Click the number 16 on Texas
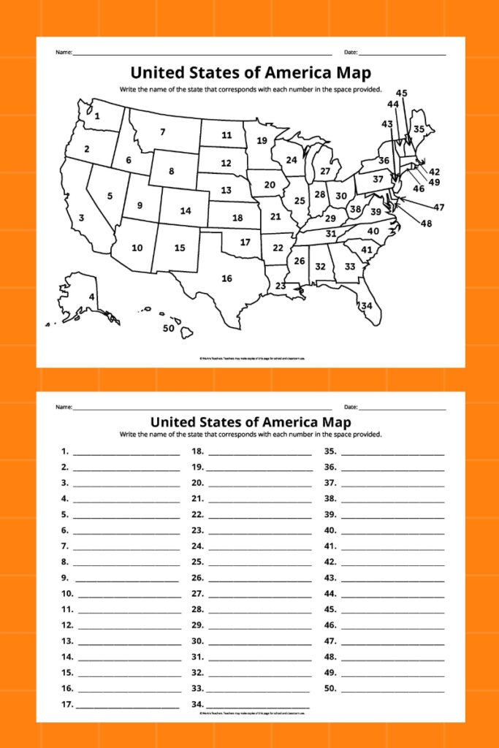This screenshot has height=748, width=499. pos(227,278)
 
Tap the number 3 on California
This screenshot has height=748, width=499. pos(81,218)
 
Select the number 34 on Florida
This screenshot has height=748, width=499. pos(366,305)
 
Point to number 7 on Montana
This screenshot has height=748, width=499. pos(163,132)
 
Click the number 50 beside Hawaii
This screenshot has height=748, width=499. pos(169,328)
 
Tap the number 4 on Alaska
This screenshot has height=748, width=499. pos(91,297)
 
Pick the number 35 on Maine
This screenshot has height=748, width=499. pos(419,129)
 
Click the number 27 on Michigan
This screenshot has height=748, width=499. pos(325,172)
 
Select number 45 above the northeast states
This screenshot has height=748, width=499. pos(402,93)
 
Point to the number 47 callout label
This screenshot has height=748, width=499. pos(438,207)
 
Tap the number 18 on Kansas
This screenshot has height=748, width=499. pos(237,218)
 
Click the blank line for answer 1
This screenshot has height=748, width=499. pos(126,453)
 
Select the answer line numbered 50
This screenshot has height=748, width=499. pos(392,690)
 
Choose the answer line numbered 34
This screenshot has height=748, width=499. pos(259,706)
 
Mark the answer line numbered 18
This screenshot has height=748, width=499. pos(259,453)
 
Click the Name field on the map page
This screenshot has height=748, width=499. pos(202,54)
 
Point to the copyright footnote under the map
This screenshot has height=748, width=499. pos(251,359)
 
